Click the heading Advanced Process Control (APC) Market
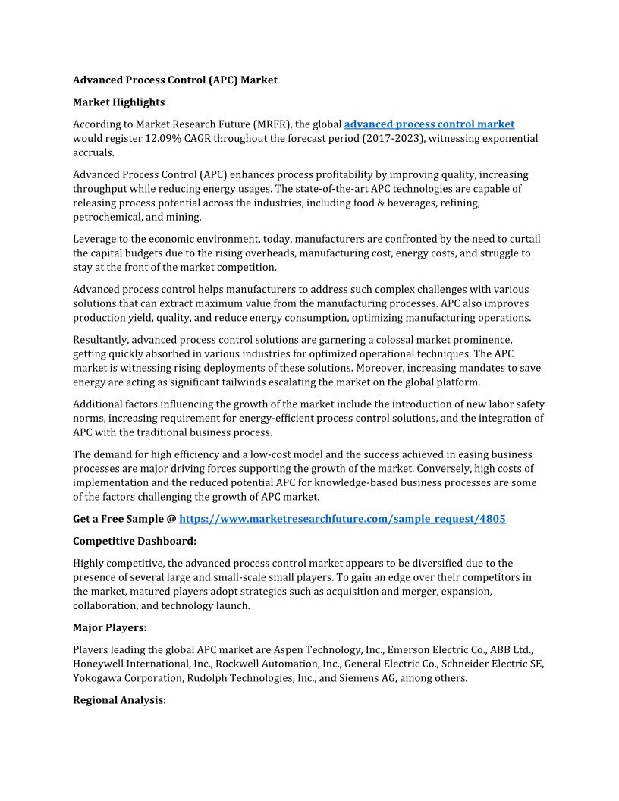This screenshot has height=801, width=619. coord(175,80)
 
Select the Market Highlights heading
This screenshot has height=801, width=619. coord(118,102)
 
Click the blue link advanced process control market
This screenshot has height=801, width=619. coord(429,124)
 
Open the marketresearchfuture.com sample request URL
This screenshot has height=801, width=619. coord(342,519)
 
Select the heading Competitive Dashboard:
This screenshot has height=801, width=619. coord(134,541)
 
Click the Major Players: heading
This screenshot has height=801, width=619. coord(112,628)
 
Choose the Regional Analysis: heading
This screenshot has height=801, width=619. coord(119,700)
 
